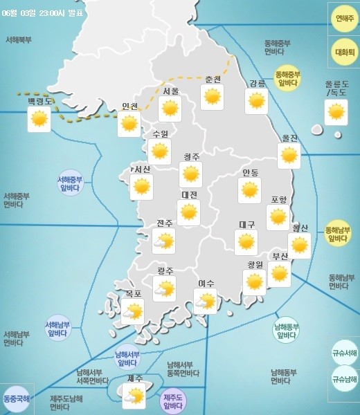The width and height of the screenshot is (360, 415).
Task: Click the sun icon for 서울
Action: click(170, 109)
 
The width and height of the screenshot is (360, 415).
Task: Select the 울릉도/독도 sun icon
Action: click(336, 112)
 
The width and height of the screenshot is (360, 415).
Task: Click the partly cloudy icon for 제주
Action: click(134, 396)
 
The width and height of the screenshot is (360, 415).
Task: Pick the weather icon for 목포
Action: click(132, 312)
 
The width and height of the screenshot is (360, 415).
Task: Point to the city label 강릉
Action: click(258, 84)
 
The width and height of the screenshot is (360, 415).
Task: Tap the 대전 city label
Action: click(189, 195)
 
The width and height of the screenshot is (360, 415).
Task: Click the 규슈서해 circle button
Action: click(344, 353)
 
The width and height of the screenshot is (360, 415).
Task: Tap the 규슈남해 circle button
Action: click(344, 379)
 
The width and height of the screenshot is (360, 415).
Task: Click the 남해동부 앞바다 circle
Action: click(286, 331)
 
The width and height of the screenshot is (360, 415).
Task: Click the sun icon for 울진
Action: click(289, 156)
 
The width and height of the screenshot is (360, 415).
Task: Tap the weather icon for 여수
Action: click(205, 301)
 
